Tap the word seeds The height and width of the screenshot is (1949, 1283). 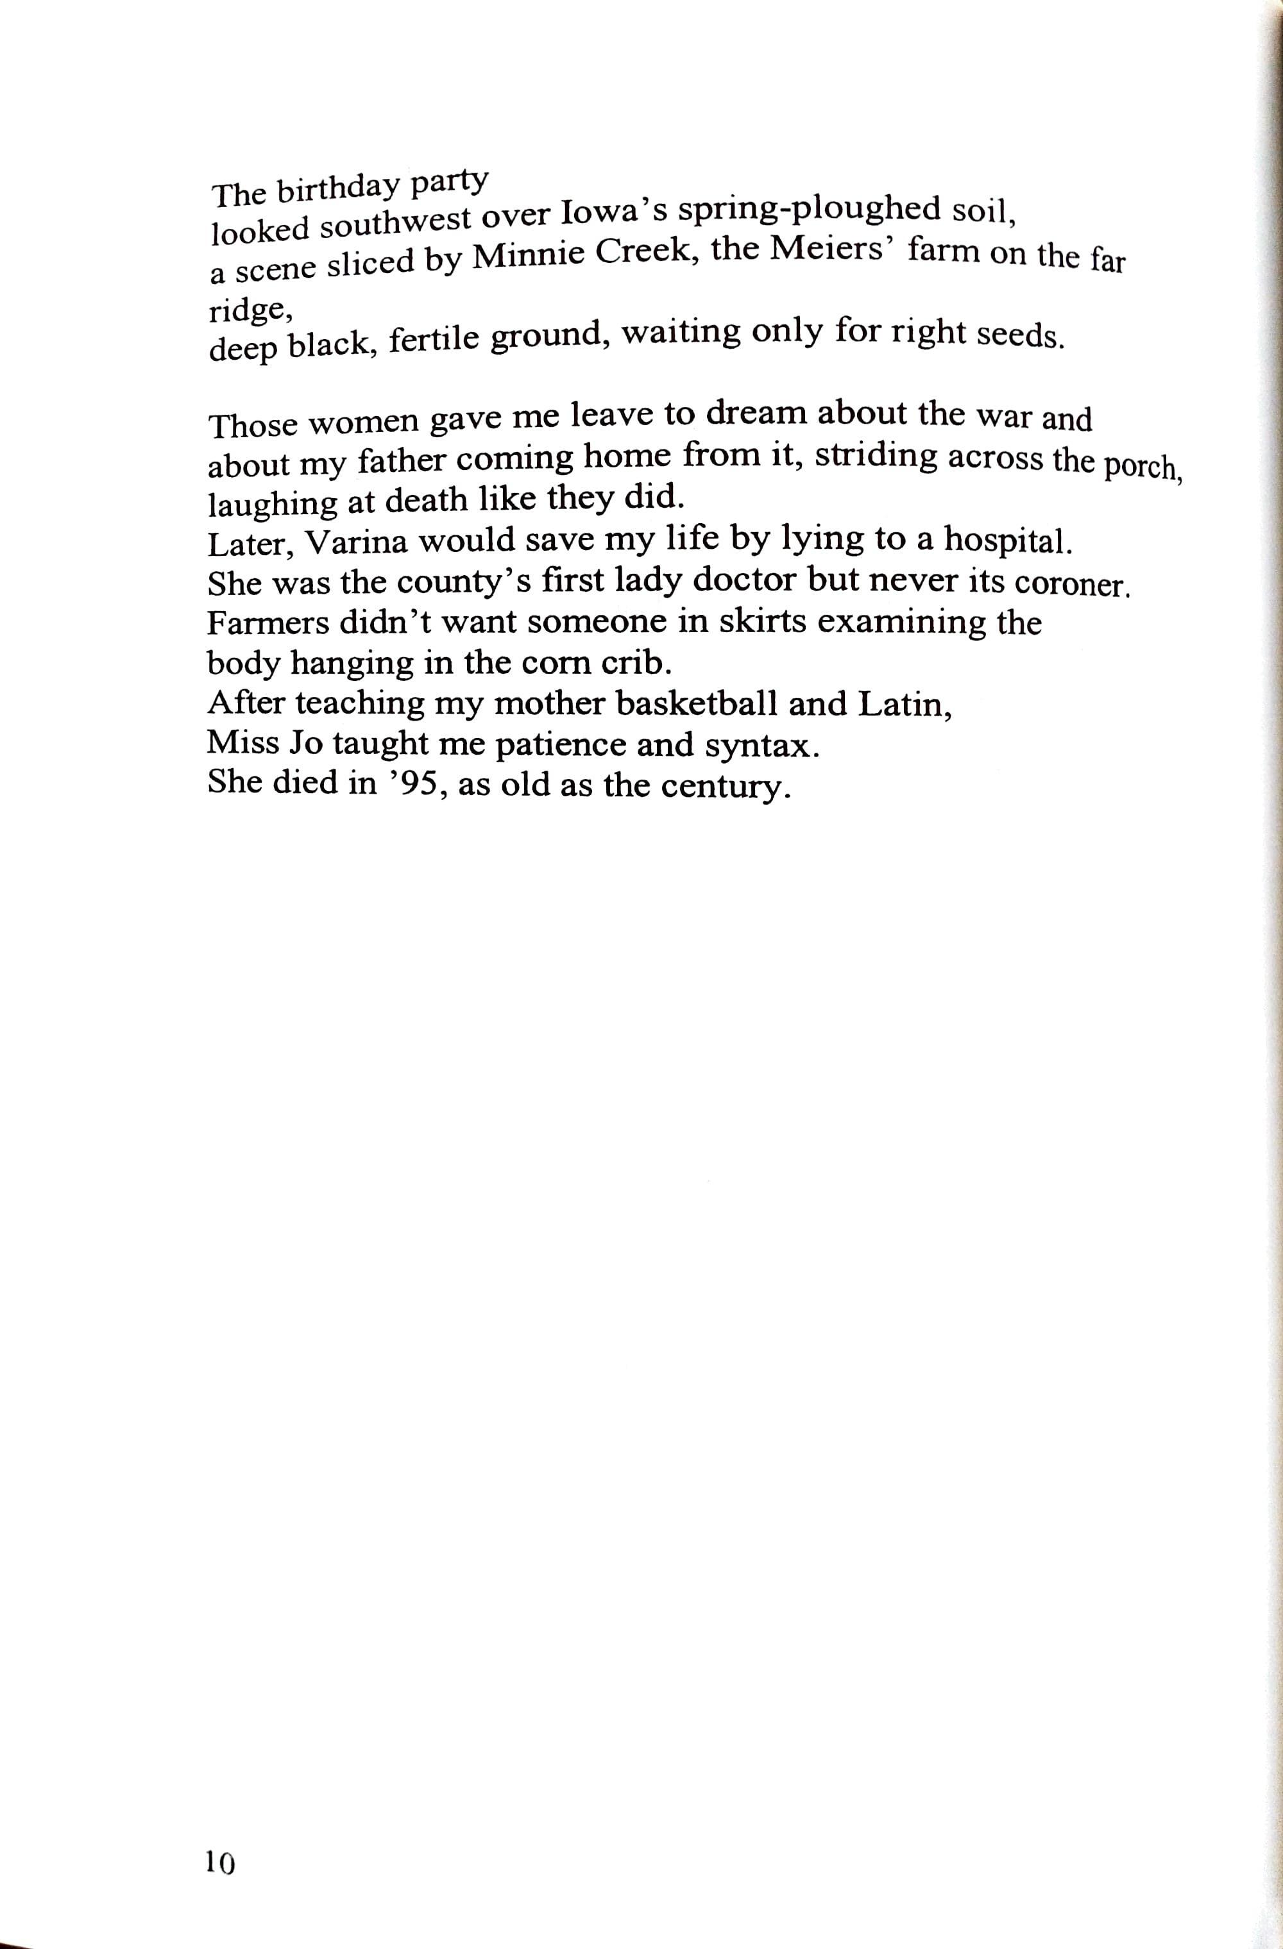tap(1021, 336)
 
